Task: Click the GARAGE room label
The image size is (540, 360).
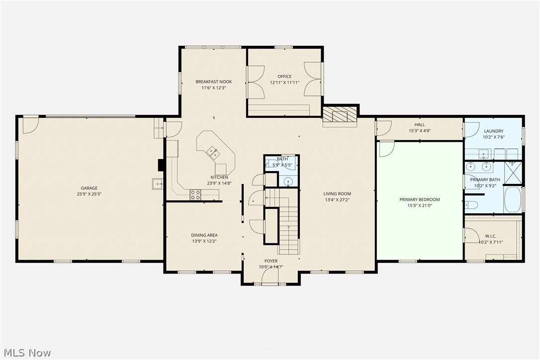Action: click(x=89, y=188)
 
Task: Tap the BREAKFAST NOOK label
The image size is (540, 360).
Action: click(x=213, y=82)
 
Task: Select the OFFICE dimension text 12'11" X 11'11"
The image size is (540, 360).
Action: click(x=284, y=83)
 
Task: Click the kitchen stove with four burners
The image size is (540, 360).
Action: click(x=195, y=195)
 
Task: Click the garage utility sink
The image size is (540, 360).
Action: click(x=158, y=184)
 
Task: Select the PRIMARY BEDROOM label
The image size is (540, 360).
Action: click(x=420, y=199)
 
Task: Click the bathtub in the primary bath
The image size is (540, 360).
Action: click(x=513, y=199)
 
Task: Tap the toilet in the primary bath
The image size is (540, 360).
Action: click(x=471, y=206)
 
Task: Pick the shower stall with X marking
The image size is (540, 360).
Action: click(x=513, y=173)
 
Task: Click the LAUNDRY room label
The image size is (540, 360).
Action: click(x=493, y=131)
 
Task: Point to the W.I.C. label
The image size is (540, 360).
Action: click(x=491, y=236)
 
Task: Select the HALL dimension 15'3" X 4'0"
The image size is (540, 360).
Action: click(x=420, y=131)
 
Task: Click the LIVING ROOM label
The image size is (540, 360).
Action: click(x=337, y=193)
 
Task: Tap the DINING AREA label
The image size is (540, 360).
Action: click(x=204, y=235)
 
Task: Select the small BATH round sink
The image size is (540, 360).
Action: click(x=288, y=181)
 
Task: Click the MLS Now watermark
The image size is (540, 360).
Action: click(x=27, y=353)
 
